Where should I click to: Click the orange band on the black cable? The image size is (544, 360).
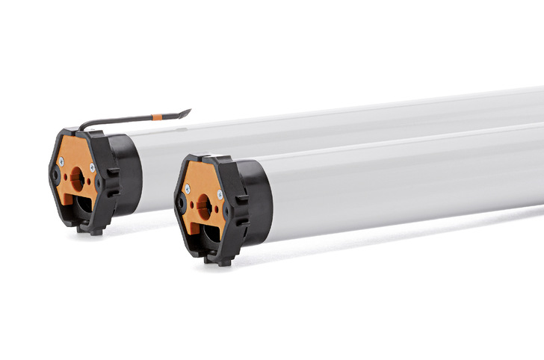pyautogui.click(x=157, y=117)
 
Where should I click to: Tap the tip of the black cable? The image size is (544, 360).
pyautogui.click(x=188, y=112)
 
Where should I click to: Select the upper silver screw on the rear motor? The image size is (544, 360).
pyautogui.click(x=93, y=168)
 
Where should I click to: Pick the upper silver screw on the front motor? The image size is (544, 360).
pyautogui.click(x=219, y=194)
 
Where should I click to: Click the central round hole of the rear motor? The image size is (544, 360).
pyautogui.click(x=76, y=176)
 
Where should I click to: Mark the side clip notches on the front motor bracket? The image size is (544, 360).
pyautogui.click(x=241, y=213)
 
